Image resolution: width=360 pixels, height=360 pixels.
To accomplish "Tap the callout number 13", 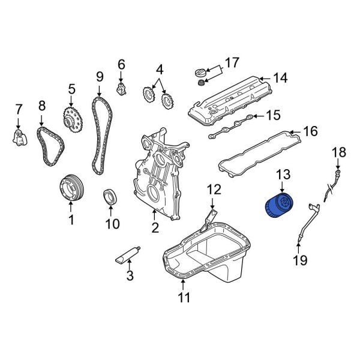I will (283, 175).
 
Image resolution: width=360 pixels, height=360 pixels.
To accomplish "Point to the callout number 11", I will (184, 296).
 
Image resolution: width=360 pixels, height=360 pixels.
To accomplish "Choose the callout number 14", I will (280, 77).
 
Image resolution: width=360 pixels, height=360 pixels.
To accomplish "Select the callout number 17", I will (231, 62).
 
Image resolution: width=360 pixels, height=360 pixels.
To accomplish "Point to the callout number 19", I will (299, 259).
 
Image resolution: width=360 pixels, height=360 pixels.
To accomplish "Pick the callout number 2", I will (154, 228).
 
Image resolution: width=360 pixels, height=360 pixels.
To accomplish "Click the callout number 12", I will (214, 190).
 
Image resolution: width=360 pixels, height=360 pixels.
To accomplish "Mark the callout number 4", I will (159, 70).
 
